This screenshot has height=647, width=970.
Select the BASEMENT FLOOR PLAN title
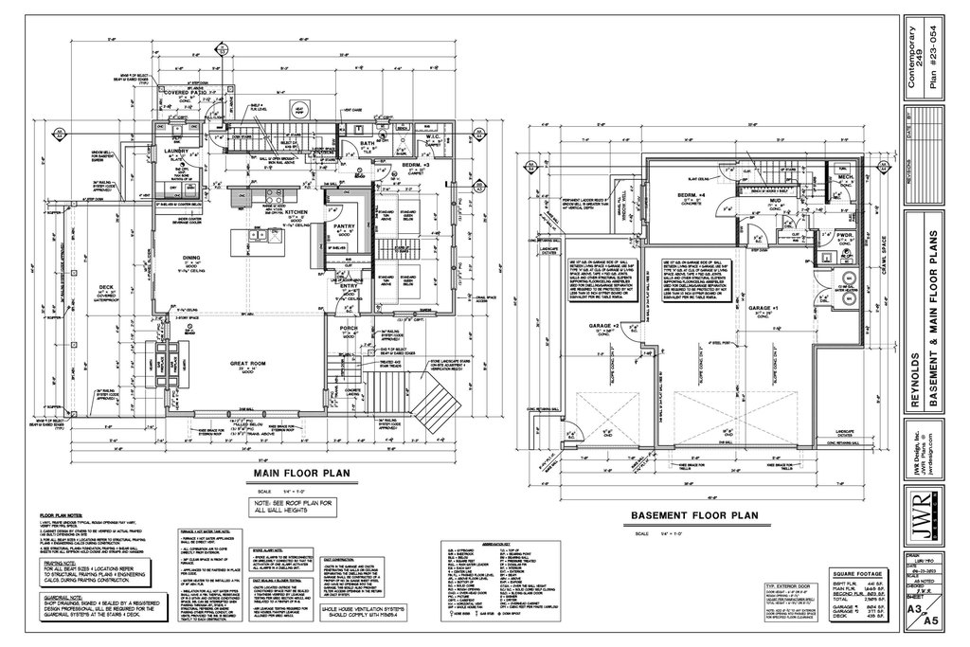click(x=693, y=515)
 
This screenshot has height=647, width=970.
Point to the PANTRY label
click(x=343, y=225)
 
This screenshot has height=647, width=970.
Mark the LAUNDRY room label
click(x=177, y=151)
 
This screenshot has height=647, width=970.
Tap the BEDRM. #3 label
click(x=416, y=164)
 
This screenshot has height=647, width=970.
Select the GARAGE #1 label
click(x=763, y=310)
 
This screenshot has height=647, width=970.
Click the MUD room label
click(x=774, y=201)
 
